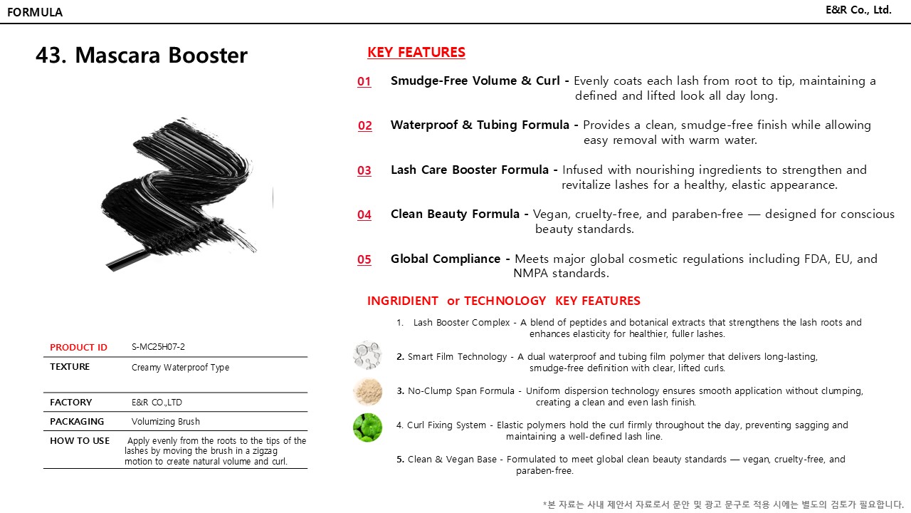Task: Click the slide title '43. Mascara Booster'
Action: (142, 56)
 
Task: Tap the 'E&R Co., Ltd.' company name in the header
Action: (858, 10)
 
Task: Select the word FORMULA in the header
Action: (35, 12)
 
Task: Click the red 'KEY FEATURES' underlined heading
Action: (416, 52)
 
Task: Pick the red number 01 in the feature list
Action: (364, 81)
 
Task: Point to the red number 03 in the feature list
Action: (364, 170)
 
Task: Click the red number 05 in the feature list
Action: (364, 259)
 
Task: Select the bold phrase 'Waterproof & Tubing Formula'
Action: (480, 125)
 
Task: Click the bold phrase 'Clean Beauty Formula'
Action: (455, 214)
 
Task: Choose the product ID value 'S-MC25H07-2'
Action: (158, 347)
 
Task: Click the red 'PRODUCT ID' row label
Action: (78, 348)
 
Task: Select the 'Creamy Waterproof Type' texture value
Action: (180, 368)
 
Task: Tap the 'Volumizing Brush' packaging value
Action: (166, 422)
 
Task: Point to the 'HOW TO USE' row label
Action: (80, 441)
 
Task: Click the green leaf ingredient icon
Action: (367, 427)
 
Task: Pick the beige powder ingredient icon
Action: (367, 392)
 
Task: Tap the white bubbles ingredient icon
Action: (367, 355)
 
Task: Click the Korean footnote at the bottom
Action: (722, 504)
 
